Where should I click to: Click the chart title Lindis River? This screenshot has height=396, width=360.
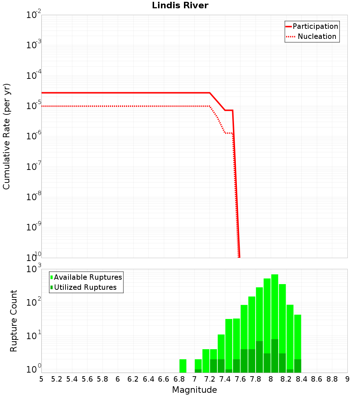click(180, 6)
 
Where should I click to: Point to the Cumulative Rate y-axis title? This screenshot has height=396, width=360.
click(6, 136)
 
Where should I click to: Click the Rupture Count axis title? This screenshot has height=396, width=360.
click(14, 320)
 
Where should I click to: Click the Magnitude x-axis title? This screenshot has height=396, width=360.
click(194, 390)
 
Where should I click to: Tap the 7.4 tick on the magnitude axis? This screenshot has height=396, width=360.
click(225, 379)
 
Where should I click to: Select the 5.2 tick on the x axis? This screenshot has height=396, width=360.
click(57, 379)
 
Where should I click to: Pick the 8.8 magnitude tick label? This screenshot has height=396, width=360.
click(332, 379)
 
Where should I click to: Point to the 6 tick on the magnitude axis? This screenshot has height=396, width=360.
click(118, 379)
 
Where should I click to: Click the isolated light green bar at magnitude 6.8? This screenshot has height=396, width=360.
click(183, 365)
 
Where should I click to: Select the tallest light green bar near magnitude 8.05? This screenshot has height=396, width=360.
click(275, 306)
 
